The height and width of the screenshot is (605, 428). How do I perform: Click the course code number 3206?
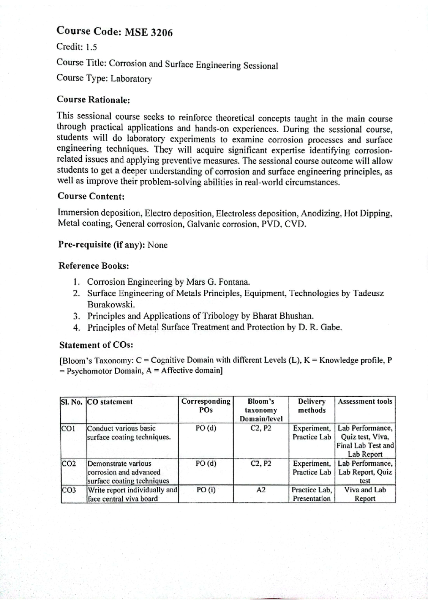(162, 33)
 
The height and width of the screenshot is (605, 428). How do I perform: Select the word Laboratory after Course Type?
(131, 79)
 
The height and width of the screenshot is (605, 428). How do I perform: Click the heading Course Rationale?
(93, 100)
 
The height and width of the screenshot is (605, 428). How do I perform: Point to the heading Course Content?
(91, 196)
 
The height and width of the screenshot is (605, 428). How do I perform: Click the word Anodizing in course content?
(321, 213)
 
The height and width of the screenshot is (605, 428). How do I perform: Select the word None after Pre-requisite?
(158, 245)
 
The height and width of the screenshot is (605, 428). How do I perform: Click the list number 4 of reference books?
(76, 327)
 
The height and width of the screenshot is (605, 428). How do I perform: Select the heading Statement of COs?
(96, 345)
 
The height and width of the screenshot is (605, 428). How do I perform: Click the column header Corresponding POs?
(206, 406)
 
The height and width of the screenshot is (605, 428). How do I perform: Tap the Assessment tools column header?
(365, 402)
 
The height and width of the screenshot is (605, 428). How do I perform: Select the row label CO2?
(68, 464)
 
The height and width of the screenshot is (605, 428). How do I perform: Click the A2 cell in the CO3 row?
(261, 490)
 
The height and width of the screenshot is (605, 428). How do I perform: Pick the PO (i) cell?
(206, 490)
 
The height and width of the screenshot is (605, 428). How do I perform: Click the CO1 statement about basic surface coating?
(128, 433)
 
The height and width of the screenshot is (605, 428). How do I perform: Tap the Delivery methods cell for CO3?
(311, 494)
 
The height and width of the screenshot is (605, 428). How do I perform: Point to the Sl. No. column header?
(72, 402)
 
